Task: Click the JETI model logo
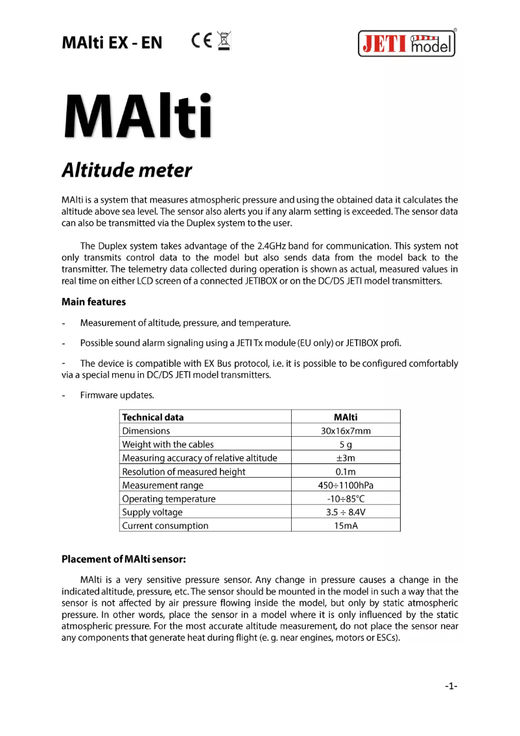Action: click(x=407, y=44)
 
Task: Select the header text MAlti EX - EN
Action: click(x=112, y=43)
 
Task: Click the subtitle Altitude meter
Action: click(x=126, y=170)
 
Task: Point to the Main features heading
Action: click(x=93, y=302)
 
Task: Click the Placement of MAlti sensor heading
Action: click(x=124, y=559)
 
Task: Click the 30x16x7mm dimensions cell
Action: click(x=346, y=430)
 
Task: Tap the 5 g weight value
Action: click(x=346, y=444)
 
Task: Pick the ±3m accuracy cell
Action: click(x=346, y=458)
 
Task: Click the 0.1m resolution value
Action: click(x=346, y=471)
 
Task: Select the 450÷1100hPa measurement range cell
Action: click(x=346, y=485)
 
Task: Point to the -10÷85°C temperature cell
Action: click(x=346, y=498)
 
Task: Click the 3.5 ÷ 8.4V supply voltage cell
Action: click(x=346, y=512)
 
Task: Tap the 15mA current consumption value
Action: click(x=346, y=526)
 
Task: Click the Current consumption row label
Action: click(x=165, y=526)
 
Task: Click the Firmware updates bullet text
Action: click(x=117, y=395)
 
